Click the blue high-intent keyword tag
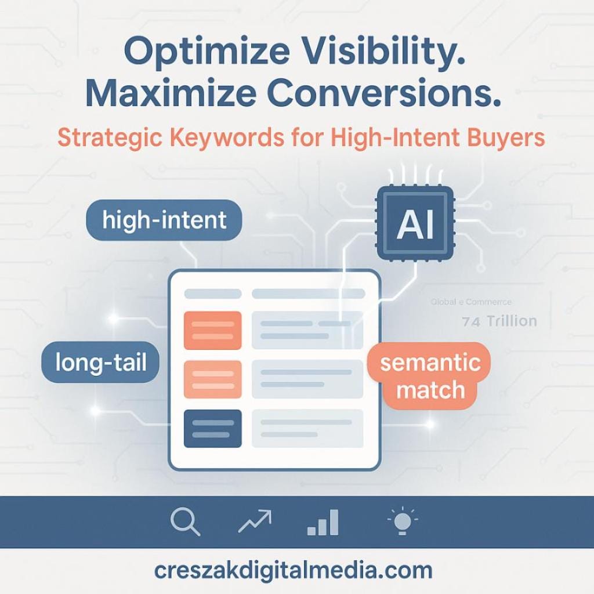164,220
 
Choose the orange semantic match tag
430,376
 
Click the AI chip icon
415,223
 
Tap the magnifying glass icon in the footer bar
186,521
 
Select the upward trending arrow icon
255,521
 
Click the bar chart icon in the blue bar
323,522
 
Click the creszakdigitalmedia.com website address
293,570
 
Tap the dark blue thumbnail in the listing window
212,428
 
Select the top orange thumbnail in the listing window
212,330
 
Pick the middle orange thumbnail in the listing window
212,379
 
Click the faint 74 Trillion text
499,321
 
